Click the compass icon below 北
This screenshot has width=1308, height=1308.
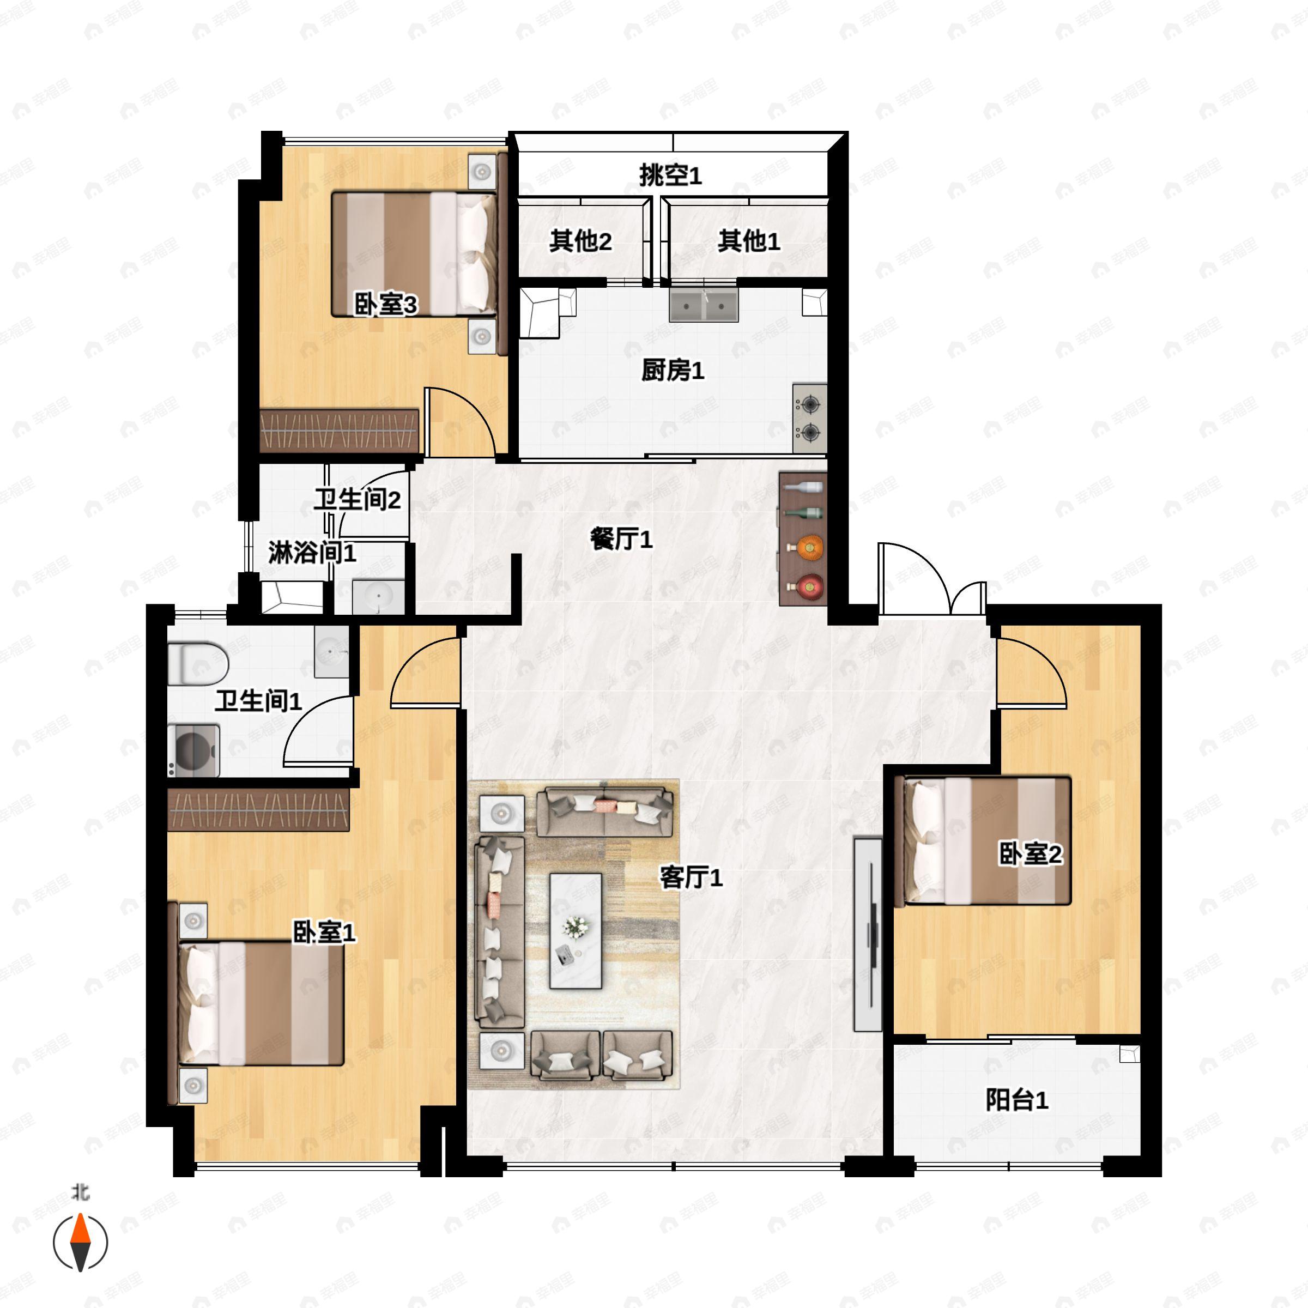coord(81,1243)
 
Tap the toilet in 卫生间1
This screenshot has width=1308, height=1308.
coord(198,663)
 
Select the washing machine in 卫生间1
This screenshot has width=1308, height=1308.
coord(193,750)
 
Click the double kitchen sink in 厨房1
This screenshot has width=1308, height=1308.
coord(704,304)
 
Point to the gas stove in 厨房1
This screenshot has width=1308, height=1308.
coord(810,419)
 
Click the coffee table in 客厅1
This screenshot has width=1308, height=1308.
coord(576,930)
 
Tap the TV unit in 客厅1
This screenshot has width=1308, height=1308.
coord(868,934)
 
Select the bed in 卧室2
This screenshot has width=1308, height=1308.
coord(982,841)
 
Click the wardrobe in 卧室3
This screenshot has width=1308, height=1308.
coord(339,430)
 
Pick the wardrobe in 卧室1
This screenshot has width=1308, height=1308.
coord(259,809)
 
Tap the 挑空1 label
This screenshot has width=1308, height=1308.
coord(670,175)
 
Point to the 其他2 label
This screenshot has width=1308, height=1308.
coord(581,240)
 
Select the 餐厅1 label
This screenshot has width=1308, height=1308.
coord(621,539)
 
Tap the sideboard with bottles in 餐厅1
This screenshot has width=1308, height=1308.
coord(803,539)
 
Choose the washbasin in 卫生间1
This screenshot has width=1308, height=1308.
coord(332,651)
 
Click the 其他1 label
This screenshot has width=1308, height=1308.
coord(749,240)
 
